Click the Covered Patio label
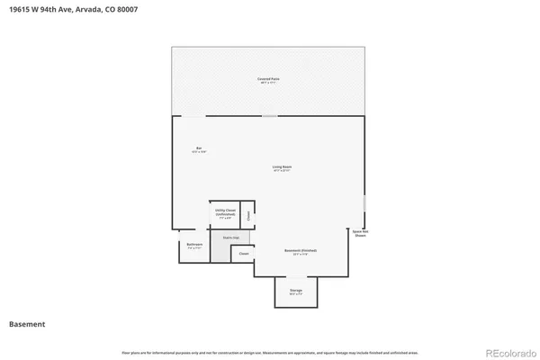coord(267,81)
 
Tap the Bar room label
coord(199,149)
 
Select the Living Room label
coord(282,168)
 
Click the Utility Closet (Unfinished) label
coord(225,214)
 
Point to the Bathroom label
coord(194,246)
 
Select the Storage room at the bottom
coord(295,292)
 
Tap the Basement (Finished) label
coord(301,252)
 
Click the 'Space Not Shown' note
coord(360,233)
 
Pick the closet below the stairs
coord(243,255)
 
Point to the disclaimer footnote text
coord(269,351)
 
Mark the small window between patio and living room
coord(269,115)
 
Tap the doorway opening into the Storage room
coord(295,277)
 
